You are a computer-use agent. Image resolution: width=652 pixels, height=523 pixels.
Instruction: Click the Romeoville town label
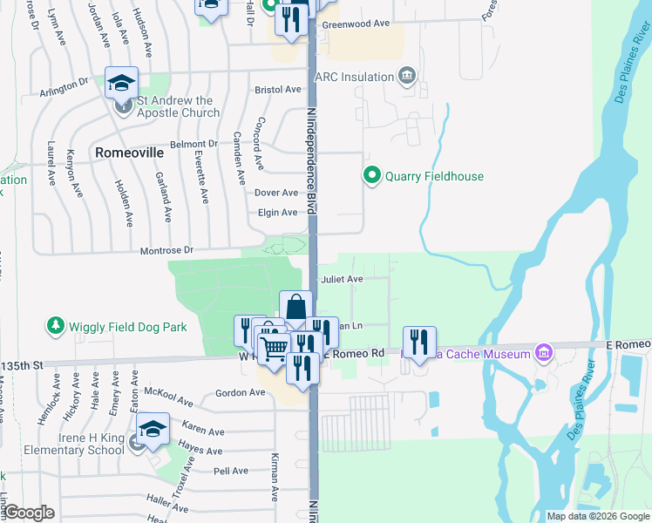[129, 152]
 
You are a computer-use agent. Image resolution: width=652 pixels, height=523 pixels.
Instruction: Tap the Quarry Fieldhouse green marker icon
[372, 176]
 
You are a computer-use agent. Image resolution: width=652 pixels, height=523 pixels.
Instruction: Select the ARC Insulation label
[355, 77]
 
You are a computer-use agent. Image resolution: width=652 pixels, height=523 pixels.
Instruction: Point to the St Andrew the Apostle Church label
[179, 112]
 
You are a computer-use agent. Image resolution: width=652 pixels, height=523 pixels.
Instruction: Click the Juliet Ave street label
[342, 280]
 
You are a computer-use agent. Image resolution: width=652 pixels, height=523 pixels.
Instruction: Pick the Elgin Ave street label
[276, 212]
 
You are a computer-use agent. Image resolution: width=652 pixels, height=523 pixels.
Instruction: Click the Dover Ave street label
[276, 193]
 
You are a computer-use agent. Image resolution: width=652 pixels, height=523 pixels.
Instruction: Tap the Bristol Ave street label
[276, 90]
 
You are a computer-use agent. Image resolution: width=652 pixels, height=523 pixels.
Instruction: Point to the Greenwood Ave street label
[356, 24]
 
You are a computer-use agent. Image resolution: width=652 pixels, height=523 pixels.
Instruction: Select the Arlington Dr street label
[65, 92]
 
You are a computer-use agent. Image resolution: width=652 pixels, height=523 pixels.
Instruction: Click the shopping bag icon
[295, 308]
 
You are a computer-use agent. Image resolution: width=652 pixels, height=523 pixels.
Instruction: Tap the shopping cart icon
[274, 348]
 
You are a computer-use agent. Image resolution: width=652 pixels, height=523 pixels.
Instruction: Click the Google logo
[29, 513]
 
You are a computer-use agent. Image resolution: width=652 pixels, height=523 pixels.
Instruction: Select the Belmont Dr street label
[194, 144]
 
